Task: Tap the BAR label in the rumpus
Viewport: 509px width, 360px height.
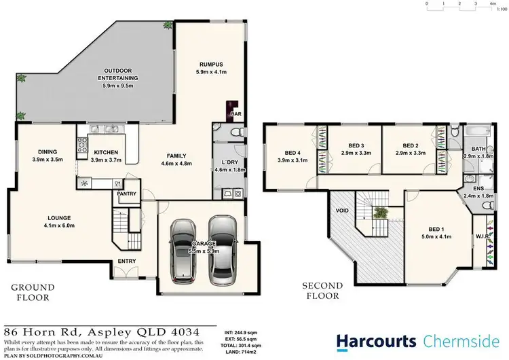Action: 238,113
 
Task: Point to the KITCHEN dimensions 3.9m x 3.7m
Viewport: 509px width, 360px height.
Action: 107,160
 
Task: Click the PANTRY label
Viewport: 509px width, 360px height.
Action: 126,194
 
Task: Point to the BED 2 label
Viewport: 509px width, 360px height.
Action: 411,145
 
